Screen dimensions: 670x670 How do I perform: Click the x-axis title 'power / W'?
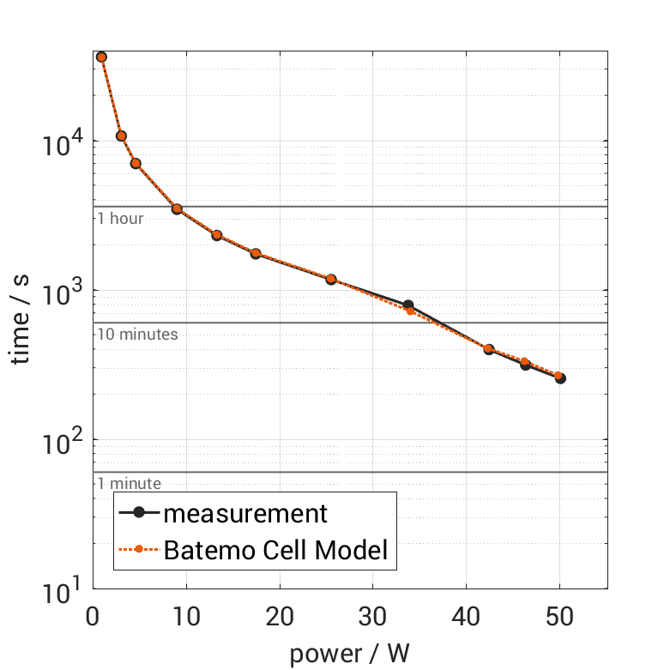click(350, 653)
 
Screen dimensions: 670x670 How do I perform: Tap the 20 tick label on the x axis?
click(280, 618)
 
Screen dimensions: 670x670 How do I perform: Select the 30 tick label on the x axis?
click(373, 618)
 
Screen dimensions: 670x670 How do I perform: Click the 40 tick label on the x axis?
click(466, 618)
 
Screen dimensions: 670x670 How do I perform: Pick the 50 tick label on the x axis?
click(559, 618)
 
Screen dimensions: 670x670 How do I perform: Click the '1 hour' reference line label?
click(120, 219)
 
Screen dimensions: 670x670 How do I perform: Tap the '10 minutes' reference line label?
click(137, 335)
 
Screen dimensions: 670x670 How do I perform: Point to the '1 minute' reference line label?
click(129, 484)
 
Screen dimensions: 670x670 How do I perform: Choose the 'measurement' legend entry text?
click(245, 514)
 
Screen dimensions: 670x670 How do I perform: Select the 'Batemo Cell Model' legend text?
click(276, 550)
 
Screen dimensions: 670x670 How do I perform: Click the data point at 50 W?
click(559, 377)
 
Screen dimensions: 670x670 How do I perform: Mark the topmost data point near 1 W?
click(101, 57)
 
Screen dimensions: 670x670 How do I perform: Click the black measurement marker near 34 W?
click(408, 305)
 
